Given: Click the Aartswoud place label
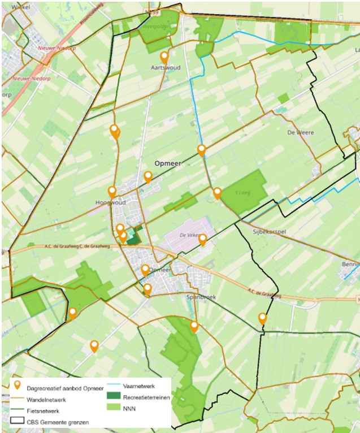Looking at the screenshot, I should click(165, 67).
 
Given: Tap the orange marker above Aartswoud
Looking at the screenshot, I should click(164, 57).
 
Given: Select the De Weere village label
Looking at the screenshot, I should click(300, 132).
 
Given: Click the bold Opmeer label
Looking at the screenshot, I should click(166, 162).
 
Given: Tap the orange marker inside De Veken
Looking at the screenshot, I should click(202, 240).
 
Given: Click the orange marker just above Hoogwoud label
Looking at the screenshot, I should click(112, 192).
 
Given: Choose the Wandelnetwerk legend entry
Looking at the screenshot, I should click(47, 399).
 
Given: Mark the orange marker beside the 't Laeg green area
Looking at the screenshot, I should click(217, 193).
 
